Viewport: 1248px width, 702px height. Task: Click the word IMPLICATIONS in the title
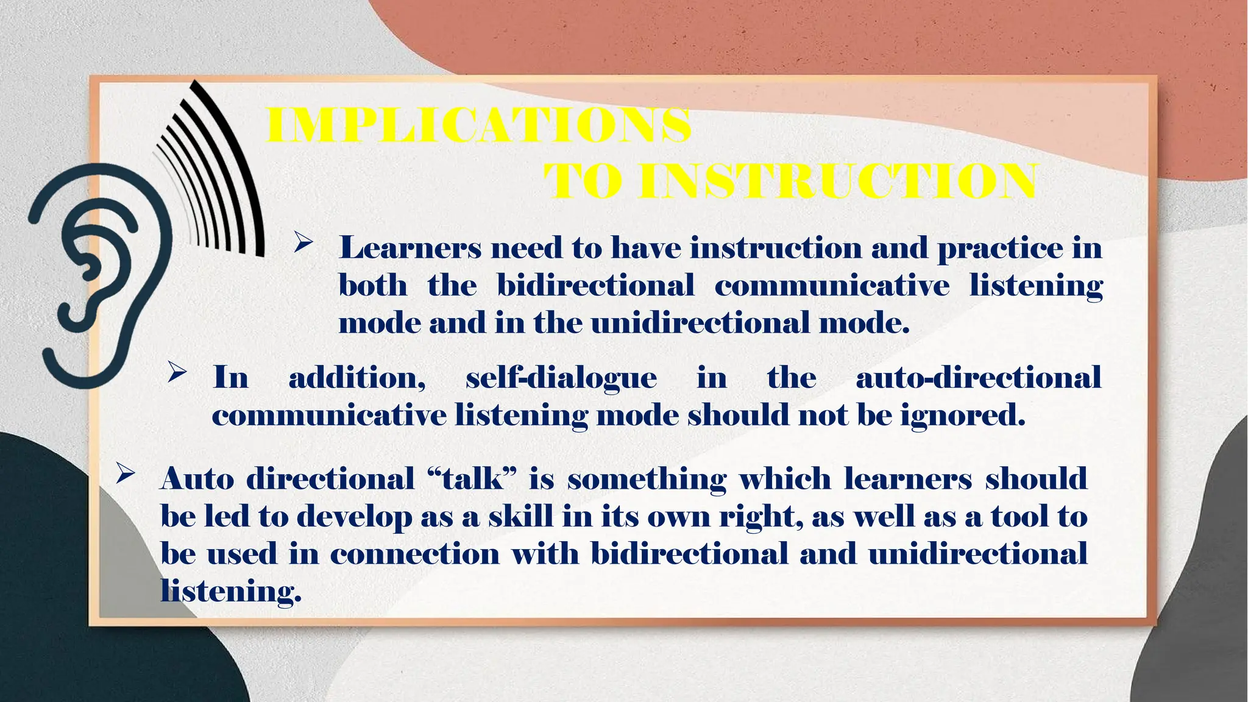click(478, 126)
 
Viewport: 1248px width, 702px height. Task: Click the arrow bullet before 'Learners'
click(303, 244)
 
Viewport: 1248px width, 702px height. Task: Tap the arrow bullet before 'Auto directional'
click(124, 474)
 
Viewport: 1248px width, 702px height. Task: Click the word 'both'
click(373, 285)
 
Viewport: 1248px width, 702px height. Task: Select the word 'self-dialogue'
click(561, 378)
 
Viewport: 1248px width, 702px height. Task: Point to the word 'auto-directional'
click(979, 378)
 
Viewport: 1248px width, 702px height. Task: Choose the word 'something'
click(647, 480)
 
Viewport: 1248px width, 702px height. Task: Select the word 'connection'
click(414, 555)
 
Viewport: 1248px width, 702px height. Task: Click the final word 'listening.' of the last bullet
click(231, 592)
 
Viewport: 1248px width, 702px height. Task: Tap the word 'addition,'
click(357, 378)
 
